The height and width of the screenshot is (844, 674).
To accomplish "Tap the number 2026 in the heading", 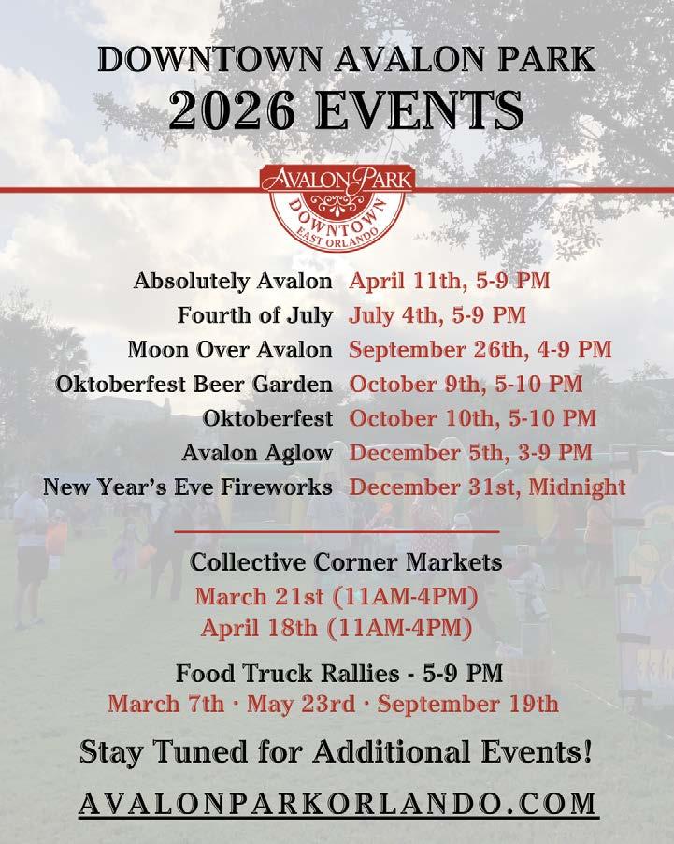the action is pyautogui.click(x=232, y=109).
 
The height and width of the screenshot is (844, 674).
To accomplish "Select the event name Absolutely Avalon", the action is pyautogui.click(x=233, y=281).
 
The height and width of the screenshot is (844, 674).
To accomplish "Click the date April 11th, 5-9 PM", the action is pyautogui.click(x=449, y=281).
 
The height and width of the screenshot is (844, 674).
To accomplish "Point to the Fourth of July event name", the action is pyautogui.click(x=255, y=315).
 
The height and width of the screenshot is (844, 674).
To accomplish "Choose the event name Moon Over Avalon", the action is pyautogui.click(x=230, y=350).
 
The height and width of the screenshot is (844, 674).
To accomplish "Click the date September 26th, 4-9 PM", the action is pyautogui.click(x=480, y=350).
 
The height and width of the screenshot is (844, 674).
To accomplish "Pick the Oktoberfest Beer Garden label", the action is pyautogui.click(x=194, y=385).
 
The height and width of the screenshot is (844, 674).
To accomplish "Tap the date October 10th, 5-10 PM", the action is pyautogui.click(x=473, y=418).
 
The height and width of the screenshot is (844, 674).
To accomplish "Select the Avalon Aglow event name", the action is pyautogui.click(x=257, y=453).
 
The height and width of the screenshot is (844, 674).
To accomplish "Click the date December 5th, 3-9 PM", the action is pyautogui.click(x=470, y=453).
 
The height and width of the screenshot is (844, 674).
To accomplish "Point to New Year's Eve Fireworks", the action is pyautogui.click(x=188, y=487).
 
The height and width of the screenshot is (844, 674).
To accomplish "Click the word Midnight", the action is pyautogui.click(x=578, y=487).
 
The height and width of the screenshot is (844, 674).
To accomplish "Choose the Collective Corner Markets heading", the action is pyautogui.click(x=346, y=562).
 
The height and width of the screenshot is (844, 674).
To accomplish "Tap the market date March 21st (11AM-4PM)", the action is pyautogui.click(x=337, y=597).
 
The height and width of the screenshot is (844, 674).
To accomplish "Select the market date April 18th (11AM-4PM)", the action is pyautogui.click(x=337, y=628).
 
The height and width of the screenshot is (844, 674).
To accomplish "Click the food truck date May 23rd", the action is pyautogui.click(x=301, y=705).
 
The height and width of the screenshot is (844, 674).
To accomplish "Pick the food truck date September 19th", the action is pyautogui.click(x=468, y=705).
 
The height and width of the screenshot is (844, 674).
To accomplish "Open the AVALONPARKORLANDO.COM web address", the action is pyautogui.click(x=337, y=804).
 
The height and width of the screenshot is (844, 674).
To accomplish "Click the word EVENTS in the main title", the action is pyautogui.click(x=420, y=109).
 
